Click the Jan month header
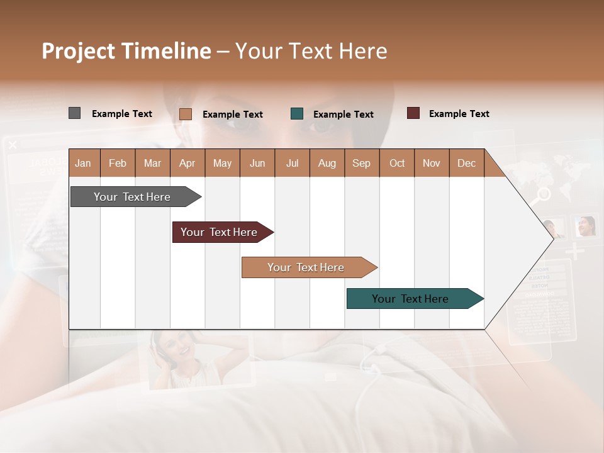[83, 163]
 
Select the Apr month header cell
[187, 163]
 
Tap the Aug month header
[327, 163]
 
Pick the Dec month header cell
[466, 163]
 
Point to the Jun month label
[257, 163]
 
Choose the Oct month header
[397, 163]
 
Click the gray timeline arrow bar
[132, 197]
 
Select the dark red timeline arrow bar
[219, 232]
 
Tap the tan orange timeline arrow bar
[306, 267]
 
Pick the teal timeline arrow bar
[410, 299]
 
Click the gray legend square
[74, 113]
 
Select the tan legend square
[185, 114]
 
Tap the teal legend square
[297, 114]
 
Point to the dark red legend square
[413, 113]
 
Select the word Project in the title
[79, 51]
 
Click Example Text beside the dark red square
[459, 113]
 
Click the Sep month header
[361, 163]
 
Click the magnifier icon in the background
[540, 194]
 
